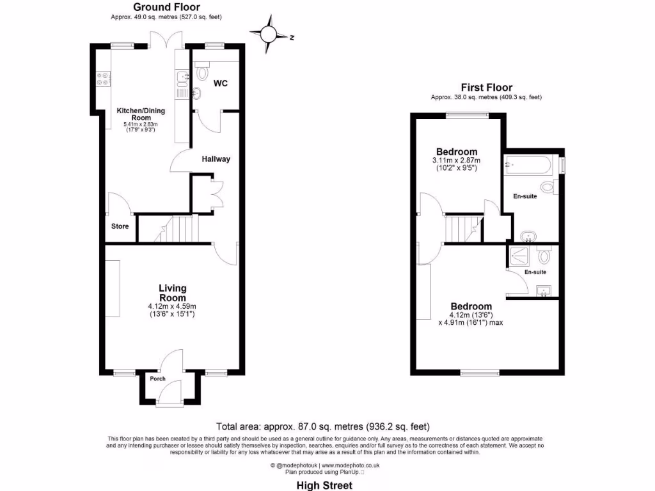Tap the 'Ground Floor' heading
click(157, 7)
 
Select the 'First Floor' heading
click(486, 88)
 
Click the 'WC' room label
click(220, 83)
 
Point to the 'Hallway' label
click(216, 159)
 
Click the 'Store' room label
click(120, 226)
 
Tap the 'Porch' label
click(157, 378)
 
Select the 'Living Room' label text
click(173, 293)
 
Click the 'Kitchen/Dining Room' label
click(140, 114)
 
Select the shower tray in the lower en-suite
click(516, 257)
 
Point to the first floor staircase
click(462, 228)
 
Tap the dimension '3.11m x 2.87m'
click(456, 160)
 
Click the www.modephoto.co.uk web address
click(350, 465)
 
